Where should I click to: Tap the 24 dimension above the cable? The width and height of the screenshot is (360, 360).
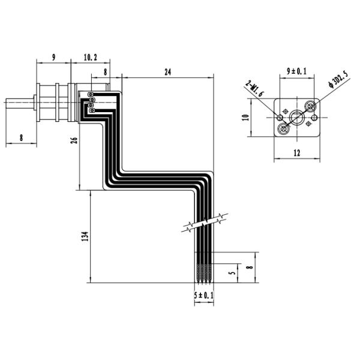pyautogui.click(x=167, y=71)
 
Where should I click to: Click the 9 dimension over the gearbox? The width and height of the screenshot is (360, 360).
pyautogui.click(x=53, y=58)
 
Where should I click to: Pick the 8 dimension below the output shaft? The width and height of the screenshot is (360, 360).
pyautogui.click(x=21, y=137)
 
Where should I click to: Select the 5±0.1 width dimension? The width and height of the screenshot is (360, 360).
pyautogui.click(x=203, y=295)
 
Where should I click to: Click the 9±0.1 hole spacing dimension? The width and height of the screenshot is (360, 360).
pyautogui.click(x=296, y=71)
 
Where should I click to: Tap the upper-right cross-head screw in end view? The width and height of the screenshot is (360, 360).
pyautogui.click(x=310, y=106)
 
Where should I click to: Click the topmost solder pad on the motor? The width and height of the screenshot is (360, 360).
pyautogui.click(x=91, y=94)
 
